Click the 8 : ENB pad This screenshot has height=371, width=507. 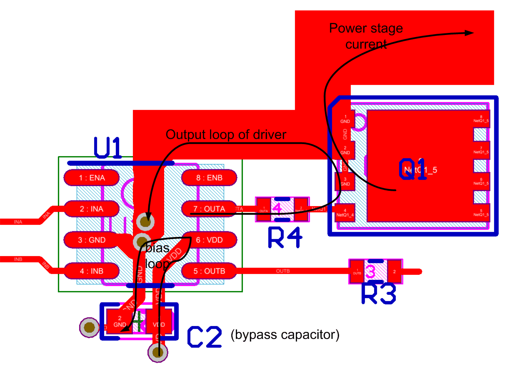[209, 178]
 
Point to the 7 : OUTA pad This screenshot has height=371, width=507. [209, 209]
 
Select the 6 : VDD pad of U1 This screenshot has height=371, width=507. [210, 240]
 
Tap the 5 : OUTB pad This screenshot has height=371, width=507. [209, 271]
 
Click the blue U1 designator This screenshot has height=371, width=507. [107, 148]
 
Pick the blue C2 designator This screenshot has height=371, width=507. [204, 337]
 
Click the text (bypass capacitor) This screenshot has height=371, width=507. [285, 334]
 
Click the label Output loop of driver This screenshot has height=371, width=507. [226, 134]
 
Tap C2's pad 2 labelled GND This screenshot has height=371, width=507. [119, 322]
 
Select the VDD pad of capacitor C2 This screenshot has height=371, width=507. [159, 322]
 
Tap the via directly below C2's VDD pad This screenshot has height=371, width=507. [157, 353]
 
